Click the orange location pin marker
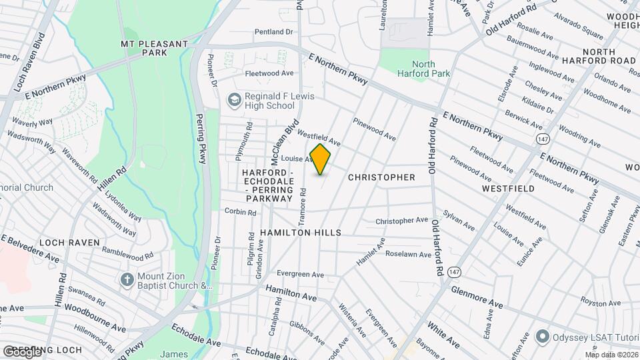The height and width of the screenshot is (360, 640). click(321, 159)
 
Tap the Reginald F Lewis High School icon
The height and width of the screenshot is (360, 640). click(234, 100)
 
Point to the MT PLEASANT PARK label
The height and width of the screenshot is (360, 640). click(153, 49)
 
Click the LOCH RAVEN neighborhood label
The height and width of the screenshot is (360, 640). click(69, 242)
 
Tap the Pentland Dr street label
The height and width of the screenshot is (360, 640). click(273, 31)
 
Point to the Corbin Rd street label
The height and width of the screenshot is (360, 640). click(241, 212)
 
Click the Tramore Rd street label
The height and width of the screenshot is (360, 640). click(303, 200)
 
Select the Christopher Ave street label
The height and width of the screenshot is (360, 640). click(401, 220)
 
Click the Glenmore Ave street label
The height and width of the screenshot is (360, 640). click(477, 297)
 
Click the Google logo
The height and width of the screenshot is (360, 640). click(22, 351)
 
